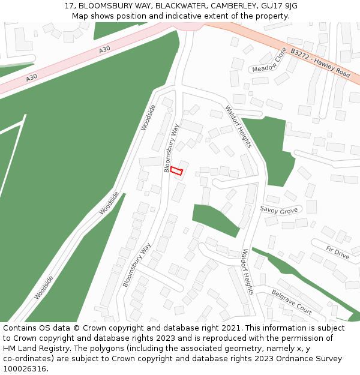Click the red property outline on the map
[176, 171]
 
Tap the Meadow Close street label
[269, 60]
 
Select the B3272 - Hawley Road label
[320, 63]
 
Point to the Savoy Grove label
[279, 210]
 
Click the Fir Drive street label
[337, 252]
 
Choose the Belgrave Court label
[292, 302]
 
